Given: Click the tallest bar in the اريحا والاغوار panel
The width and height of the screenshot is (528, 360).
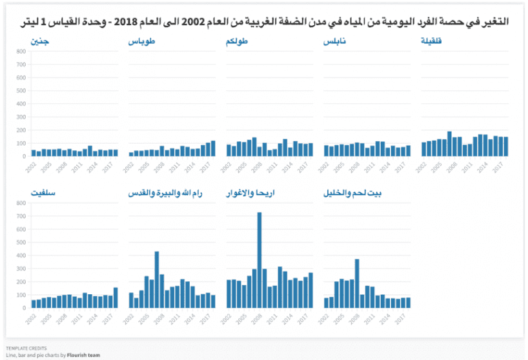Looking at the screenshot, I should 259,259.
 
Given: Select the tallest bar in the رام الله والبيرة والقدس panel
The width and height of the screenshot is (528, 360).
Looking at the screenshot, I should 157,279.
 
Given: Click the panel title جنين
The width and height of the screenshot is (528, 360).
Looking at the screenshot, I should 39,41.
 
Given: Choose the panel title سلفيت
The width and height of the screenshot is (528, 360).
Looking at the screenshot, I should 42,193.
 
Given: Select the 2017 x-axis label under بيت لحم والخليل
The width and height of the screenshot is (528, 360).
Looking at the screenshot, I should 401,318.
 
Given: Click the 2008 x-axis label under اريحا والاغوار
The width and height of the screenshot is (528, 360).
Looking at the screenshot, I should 258,318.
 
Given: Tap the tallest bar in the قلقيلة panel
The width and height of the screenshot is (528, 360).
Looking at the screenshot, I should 449,143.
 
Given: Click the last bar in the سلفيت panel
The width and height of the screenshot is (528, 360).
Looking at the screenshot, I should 116,297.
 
